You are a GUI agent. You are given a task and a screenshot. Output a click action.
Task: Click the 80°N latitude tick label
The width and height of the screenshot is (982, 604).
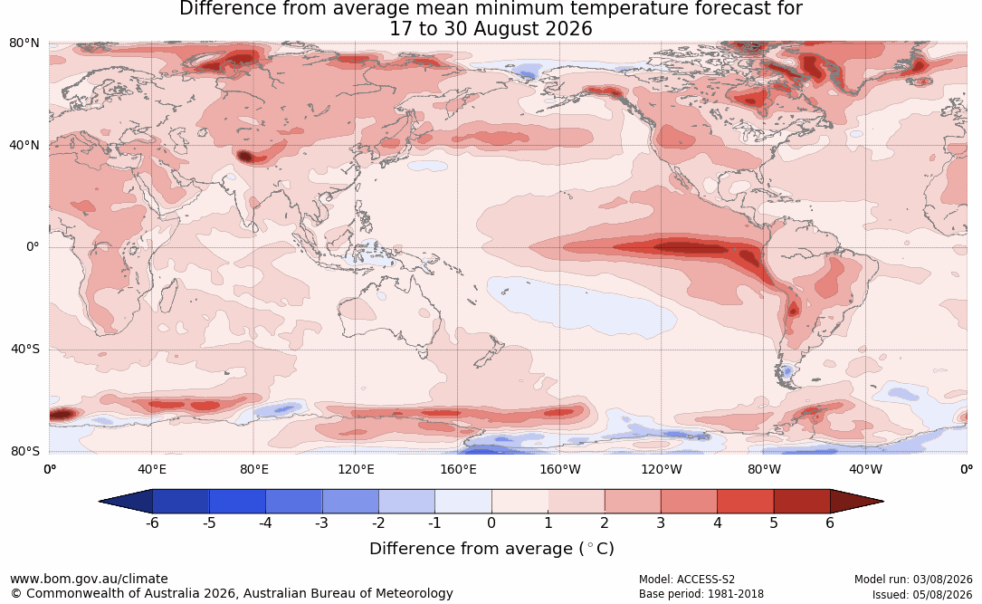pos(24,43)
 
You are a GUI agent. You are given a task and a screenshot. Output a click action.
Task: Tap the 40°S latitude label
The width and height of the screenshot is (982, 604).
pos(24,349)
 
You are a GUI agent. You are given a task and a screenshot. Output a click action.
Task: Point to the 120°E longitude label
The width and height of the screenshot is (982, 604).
pos(356,469)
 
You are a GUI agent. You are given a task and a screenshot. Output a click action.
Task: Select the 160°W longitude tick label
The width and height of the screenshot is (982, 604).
pos(559,469)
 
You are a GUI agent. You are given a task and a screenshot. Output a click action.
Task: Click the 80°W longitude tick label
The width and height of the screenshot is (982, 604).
pos(764,469)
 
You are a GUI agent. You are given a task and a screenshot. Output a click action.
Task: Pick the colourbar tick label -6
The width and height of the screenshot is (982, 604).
pos(152,523)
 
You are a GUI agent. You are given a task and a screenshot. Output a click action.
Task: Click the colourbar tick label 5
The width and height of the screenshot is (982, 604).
pos(774,523)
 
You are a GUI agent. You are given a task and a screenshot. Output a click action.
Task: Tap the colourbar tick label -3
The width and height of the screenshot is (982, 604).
pos(321,523)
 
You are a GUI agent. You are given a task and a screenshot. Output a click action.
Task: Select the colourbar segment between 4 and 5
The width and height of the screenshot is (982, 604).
pos(745,502)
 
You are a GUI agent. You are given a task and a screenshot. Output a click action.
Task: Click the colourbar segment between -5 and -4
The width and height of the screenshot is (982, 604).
pos(237,502)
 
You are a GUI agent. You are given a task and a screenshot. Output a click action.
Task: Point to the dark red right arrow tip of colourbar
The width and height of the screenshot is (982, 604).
pos(883,502)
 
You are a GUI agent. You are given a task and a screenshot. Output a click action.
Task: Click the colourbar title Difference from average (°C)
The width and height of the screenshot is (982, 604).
pos(491,549)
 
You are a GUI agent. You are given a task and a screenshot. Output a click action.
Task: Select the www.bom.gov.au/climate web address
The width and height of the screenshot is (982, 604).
pos(89,579)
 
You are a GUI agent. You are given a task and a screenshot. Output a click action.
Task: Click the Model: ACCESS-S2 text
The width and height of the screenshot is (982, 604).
pos(686,580)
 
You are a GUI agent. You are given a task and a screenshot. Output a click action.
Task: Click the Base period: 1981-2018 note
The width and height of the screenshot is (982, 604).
pos(701,594)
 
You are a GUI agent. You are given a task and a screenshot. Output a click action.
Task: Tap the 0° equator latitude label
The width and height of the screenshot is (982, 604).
pos(33,247)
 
